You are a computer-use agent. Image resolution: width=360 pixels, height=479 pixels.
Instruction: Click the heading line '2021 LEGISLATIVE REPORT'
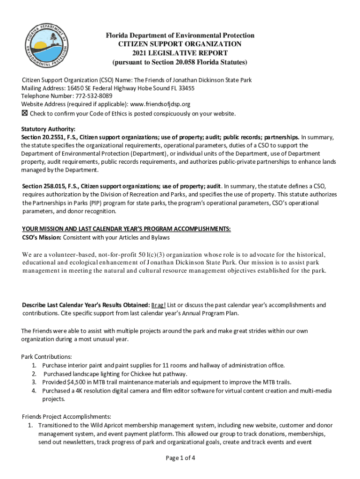(180, 53)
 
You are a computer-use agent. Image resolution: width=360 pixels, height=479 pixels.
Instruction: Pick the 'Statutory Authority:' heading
(48, 129)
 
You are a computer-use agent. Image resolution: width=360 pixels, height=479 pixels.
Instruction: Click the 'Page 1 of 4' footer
(180, 458)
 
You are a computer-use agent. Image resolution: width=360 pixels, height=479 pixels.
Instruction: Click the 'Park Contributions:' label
(46, 356)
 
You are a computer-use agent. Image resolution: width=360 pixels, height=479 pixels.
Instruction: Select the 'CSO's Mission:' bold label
(42, 238)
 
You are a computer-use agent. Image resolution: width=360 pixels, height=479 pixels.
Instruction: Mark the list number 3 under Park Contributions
(34, 382)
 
